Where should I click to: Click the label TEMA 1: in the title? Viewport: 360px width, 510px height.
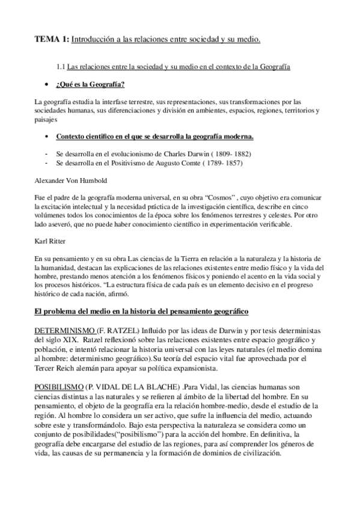click(51, 40)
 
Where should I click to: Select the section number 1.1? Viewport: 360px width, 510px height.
click(60, 67)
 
